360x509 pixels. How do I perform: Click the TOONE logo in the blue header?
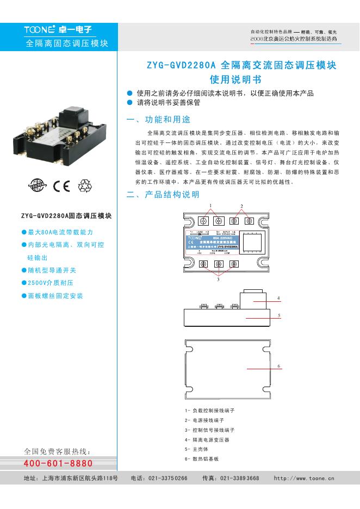[x=40, y=30]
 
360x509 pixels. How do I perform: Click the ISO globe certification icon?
[x=38, y=187]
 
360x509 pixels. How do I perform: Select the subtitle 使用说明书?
[x=240, y=80]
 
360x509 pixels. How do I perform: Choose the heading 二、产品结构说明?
[x=163, y=195]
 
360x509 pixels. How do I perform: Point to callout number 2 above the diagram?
[x=242, y=206]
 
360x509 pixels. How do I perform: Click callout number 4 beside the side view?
[x=278, y=298]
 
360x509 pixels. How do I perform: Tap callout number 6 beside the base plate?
[x=278, y=366]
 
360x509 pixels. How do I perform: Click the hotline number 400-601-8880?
[x=58, y=464]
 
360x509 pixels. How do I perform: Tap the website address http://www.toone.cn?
[x=304, y=479]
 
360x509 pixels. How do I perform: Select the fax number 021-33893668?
[x=239, y=479]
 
